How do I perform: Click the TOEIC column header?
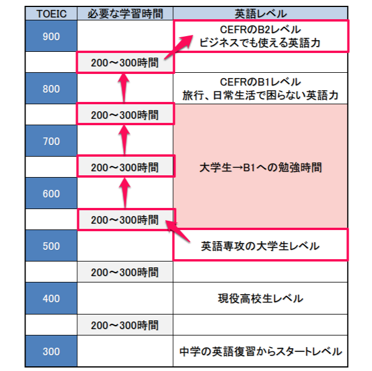(51, 13)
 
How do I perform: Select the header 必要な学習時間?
(125, 13)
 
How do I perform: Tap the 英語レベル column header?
(260, 13)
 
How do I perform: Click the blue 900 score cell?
(51, 36)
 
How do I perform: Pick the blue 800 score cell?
(51, 89)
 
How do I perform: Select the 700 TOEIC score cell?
(51, 141)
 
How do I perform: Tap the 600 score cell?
(51, 193)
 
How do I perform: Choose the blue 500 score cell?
(51, 246)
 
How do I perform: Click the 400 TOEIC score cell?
(51, 298)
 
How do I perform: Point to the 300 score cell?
(51, 351)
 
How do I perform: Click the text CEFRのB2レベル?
(260, 30)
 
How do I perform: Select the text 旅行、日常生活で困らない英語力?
(260, 96)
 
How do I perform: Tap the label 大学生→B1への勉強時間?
(260, 167)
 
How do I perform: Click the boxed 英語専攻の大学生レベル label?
(260, 246)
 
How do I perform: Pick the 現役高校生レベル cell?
(260, 298)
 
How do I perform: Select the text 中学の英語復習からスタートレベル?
(260, 351)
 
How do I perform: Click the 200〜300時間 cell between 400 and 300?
(125, 325)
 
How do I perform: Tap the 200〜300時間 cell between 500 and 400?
(125, 272)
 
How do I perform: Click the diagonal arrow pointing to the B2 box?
(178, 47)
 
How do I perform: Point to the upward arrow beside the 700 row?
(124, 140)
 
